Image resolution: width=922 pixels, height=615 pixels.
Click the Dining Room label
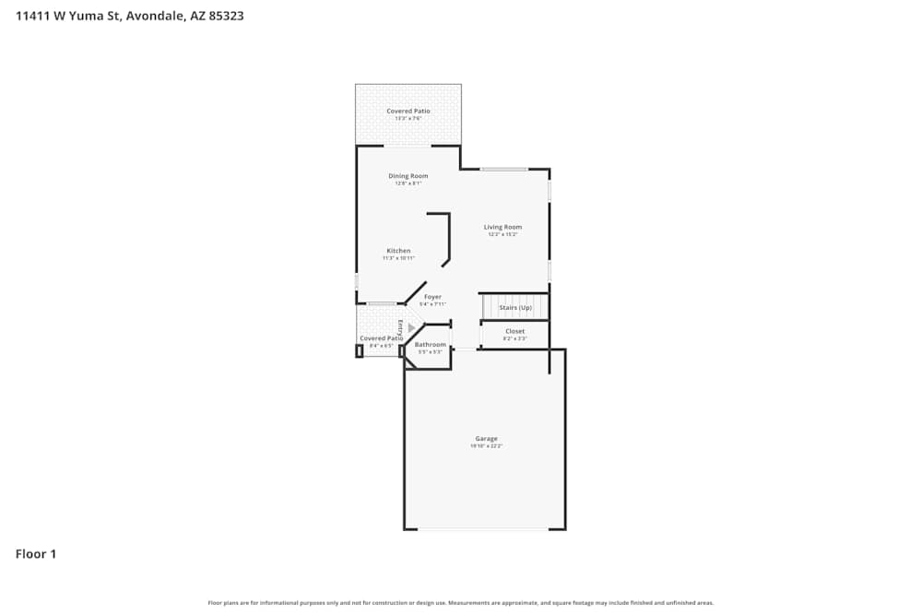click(x=408, y=176)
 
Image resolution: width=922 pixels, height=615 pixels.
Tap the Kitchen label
click(x=398, y=251)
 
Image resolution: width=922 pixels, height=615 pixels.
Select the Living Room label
click(x=503, y=227)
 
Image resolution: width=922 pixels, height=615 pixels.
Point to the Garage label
click(x=486, y=439)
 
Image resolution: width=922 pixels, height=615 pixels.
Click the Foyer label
click(x=432, y=297)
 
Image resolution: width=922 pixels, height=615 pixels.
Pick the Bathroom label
click(x=431, y=345)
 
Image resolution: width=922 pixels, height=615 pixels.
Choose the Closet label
click(x=514, y=331)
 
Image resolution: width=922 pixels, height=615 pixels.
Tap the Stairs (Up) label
click(x=515, y=307)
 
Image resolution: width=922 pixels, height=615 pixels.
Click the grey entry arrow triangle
click(x=411, y=327)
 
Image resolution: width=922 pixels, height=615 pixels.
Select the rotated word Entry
click(x=401, y=327)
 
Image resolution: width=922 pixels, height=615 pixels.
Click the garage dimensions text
click(x=486, y=446)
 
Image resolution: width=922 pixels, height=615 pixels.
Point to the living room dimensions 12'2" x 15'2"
click(x=503, y=234)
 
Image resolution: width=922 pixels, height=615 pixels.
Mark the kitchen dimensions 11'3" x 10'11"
click(x=398, y=258)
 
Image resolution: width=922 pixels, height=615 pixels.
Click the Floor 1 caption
click(x=36, y=554)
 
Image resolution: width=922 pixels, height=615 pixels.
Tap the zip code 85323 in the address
click(x=225, y=16)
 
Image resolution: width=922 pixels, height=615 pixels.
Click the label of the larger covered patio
click(x=408, y=111)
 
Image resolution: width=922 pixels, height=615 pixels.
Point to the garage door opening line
click(x=483, y=529)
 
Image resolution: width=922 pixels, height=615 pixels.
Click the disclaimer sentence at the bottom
click(x=461, y=603)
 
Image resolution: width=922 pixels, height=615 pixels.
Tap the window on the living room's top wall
click(x=503, y=169)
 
